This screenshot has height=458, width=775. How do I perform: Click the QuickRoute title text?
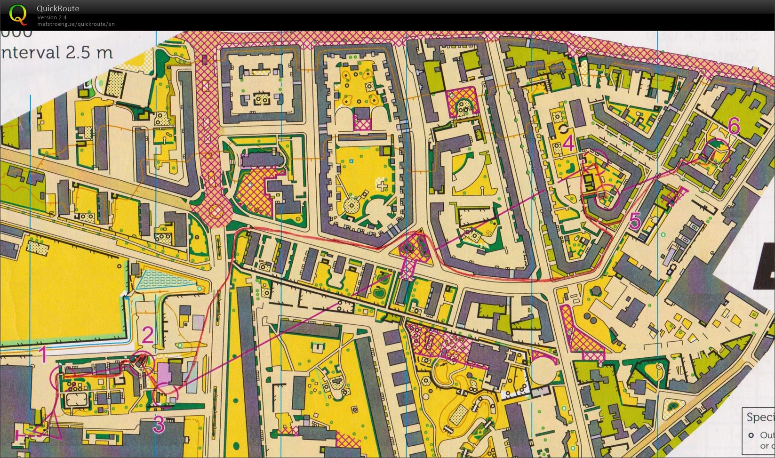[58, 8]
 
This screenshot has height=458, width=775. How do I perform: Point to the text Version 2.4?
[52, 17]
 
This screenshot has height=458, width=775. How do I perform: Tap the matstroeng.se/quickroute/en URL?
[76, 24]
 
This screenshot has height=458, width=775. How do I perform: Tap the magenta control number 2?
[148, 336]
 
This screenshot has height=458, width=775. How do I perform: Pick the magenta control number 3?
[159, 425]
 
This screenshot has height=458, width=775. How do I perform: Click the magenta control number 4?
[568, 143]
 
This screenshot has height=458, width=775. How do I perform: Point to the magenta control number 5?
[635, 221]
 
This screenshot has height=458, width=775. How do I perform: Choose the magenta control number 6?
[734, 126]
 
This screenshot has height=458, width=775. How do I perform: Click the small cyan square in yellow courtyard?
[351, 161]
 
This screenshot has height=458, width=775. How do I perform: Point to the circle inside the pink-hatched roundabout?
[216, 210]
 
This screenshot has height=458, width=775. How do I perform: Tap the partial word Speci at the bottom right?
[760, 418]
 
